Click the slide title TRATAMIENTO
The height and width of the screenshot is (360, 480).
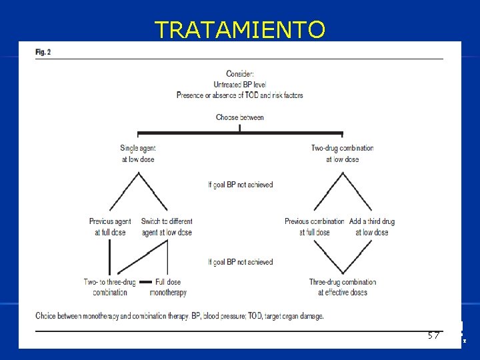coord(240,29)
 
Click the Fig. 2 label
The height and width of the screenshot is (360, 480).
coord(43,51)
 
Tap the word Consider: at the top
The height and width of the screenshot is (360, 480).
coord(239,74)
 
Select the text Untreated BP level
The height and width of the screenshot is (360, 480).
coord(239,85)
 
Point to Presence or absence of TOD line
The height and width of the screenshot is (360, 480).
coord(239,95)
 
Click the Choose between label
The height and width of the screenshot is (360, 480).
coord(239,117)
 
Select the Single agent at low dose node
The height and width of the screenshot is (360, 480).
coord(138,153)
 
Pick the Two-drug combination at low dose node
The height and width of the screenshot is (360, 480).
coord(342,153)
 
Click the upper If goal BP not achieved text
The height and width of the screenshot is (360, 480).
coord(240,185)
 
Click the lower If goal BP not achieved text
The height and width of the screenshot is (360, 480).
coord(240,262)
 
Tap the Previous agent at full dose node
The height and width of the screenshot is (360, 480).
coord(110,227)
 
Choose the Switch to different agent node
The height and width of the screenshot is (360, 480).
coord(167,227)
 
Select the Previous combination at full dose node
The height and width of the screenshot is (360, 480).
coord(314,227)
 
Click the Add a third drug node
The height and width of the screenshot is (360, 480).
coord(371,227)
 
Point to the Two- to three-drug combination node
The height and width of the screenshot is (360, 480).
coord(110,287)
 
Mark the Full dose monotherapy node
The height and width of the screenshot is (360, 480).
coord(168,287)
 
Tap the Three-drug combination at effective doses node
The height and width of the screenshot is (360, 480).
coord(342,287)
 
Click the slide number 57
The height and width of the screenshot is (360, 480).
coord(434,335)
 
